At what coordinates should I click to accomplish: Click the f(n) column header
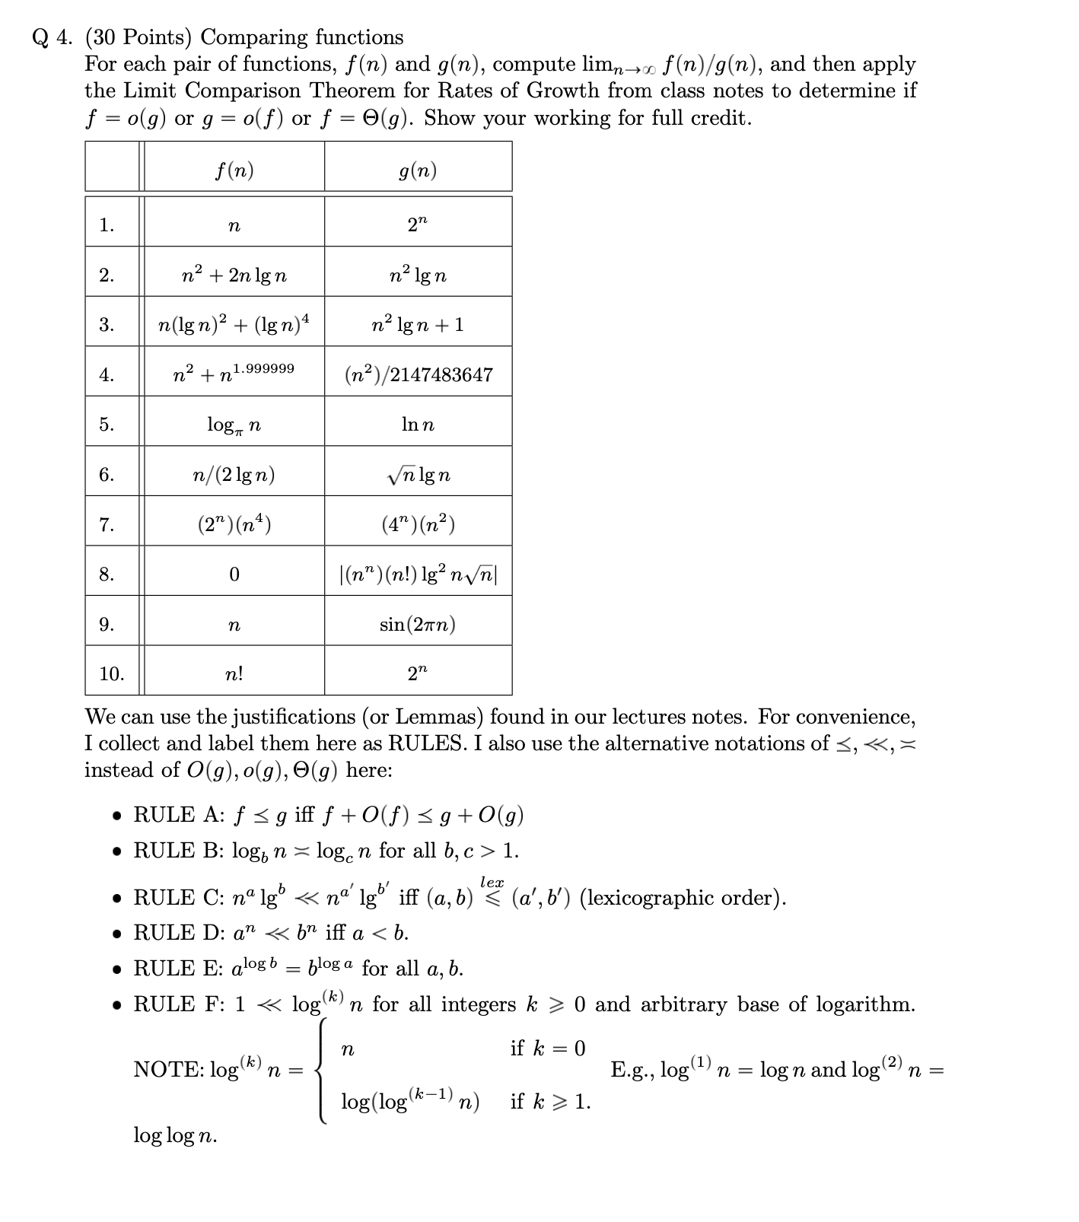[234, 170]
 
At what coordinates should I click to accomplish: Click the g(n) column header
[418, 170]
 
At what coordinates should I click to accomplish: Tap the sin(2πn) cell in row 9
[418, 625]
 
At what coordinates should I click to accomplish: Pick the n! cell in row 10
[234, 674]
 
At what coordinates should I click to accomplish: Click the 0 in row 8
[234, 574]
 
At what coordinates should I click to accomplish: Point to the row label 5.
[107, 425]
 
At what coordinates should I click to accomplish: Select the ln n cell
[418, 425]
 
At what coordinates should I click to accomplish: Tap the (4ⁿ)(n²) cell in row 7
[418, 524]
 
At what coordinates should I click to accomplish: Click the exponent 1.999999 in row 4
[264, 368]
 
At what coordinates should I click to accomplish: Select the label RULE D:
[178, 933]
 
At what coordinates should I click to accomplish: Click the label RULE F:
[178, 1004]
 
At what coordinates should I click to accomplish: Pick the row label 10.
[111, 674]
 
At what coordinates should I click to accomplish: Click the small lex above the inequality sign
[492, 882]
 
